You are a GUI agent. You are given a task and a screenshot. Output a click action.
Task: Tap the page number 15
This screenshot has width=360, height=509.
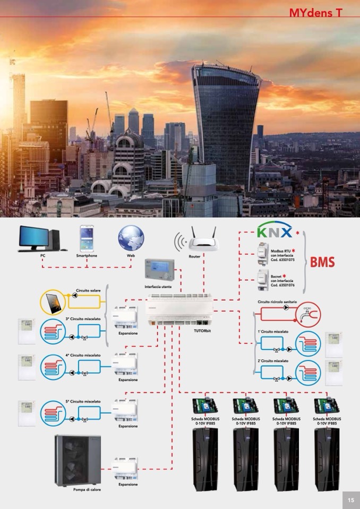(350, 499)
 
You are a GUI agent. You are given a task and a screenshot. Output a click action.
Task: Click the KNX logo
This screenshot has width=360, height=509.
(274, 232)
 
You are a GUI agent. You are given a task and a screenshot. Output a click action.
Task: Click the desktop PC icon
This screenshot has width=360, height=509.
(41, 239)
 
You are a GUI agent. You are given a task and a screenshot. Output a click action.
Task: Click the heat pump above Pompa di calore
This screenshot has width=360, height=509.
(76, 460)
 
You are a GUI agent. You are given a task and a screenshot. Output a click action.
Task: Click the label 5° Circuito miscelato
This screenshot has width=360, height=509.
(83, 402)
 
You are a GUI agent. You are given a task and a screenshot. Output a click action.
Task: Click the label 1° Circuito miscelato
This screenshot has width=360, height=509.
(273, 332)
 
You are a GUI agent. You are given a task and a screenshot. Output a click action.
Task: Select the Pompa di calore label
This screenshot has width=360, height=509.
(87, 490)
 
